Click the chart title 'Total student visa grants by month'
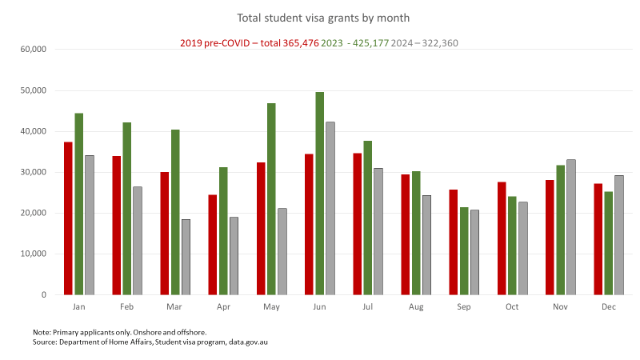point(319,17)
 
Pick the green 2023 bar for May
point(271,199)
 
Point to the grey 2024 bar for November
point(570,227)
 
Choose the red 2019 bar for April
point(213,245)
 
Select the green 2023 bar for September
point(464,251)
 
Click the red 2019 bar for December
point(598,239)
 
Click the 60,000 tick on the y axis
point(34,50)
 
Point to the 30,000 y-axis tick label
point(34,172)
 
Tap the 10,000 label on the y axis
point(34,254)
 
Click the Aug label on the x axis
point(416,307)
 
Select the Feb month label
point(127,307)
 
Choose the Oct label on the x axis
point(512,307)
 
